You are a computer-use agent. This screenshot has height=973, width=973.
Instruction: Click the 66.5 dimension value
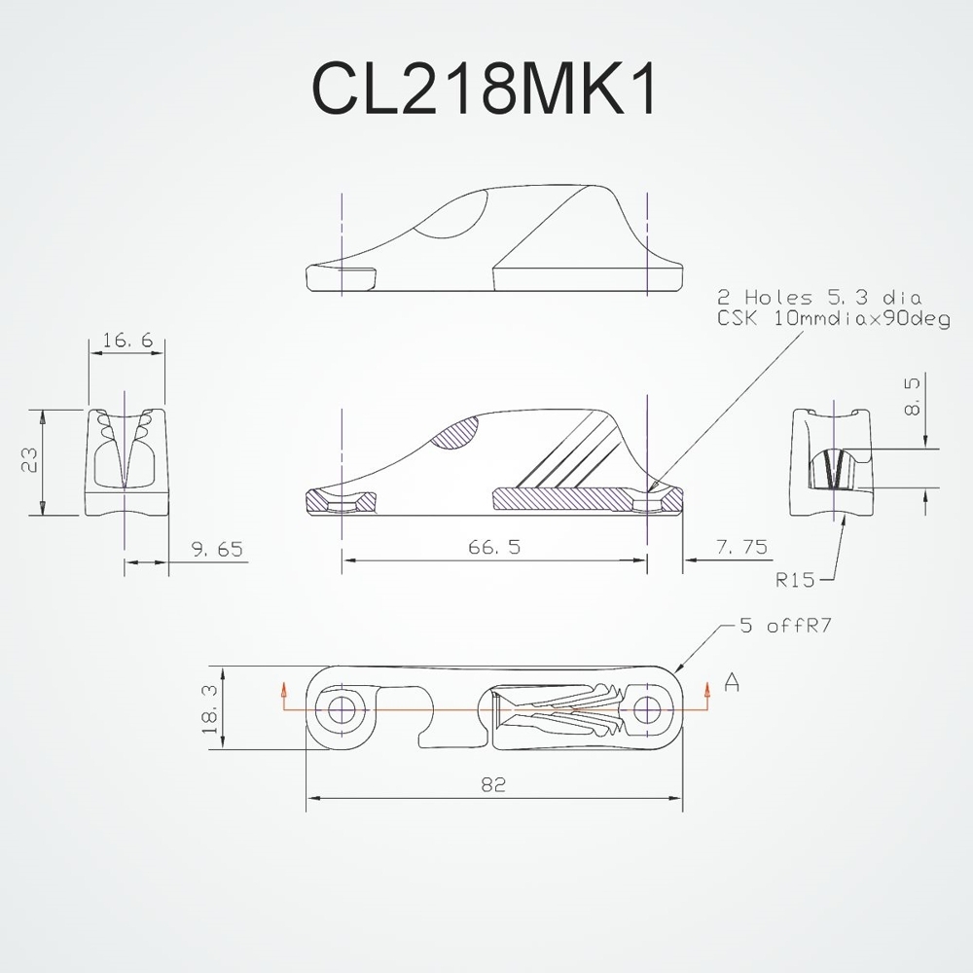pos(493,548)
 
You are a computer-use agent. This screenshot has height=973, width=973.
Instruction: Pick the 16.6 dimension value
pos(126,341)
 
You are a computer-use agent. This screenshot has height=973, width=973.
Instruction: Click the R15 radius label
pos(795,581)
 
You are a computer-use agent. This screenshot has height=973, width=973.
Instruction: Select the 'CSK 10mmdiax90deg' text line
pos(833,318)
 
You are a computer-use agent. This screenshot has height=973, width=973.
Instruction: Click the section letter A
pos(732,685)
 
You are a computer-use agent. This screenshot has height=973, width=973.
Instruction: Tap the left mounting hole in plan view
pos(342,708)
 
